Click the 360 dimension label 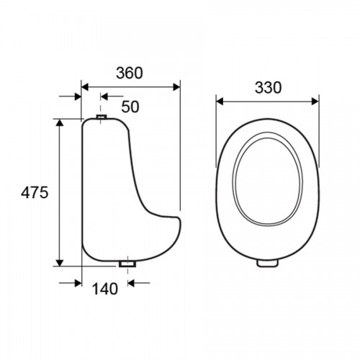(130, 73)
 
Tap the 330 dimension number (268, 88)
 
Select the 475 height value (35, 192)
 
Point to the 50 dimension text (130, 107)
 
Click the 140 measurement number (105, 289)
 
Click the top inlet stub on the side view (102, 117)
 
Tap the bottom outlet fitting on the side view (127, 264)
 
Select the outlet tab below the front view (267, 263)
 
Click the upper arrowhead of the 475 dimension (60, 122)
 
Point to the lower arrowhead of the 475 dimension (60, 263)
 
